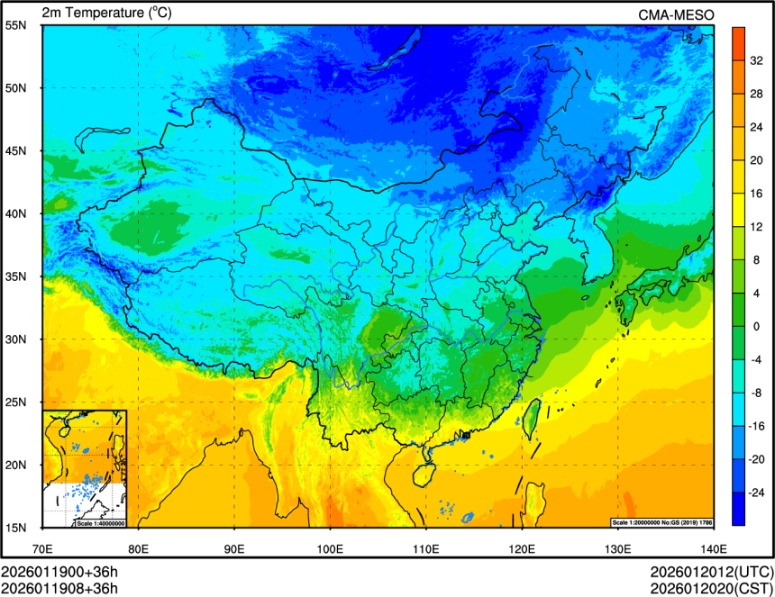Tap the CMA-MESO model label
(x=677, y=14)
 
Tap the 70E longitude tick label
(x=42, y=547)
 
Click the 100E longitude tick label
(x=330, y=547)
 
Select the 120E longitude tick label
(x=522, y=547)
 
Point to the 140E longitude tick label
(x=713, y=547)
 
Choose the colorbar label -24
(x=758, y=493)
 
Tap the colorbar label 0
(x=756, y=326)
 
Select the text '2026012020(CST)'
(x=712, y=589)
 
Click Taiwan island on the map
(x=533, y=415)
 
